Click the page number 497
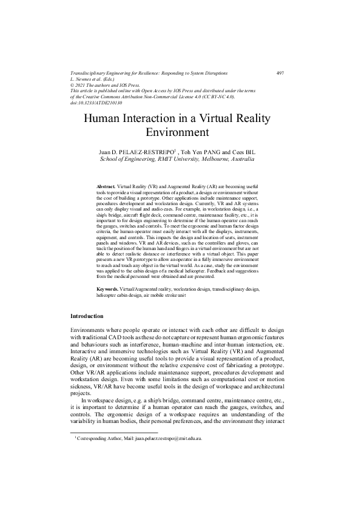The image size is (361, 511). click(280, 73)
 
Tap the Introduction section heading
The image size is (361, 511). click(87, 333)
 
